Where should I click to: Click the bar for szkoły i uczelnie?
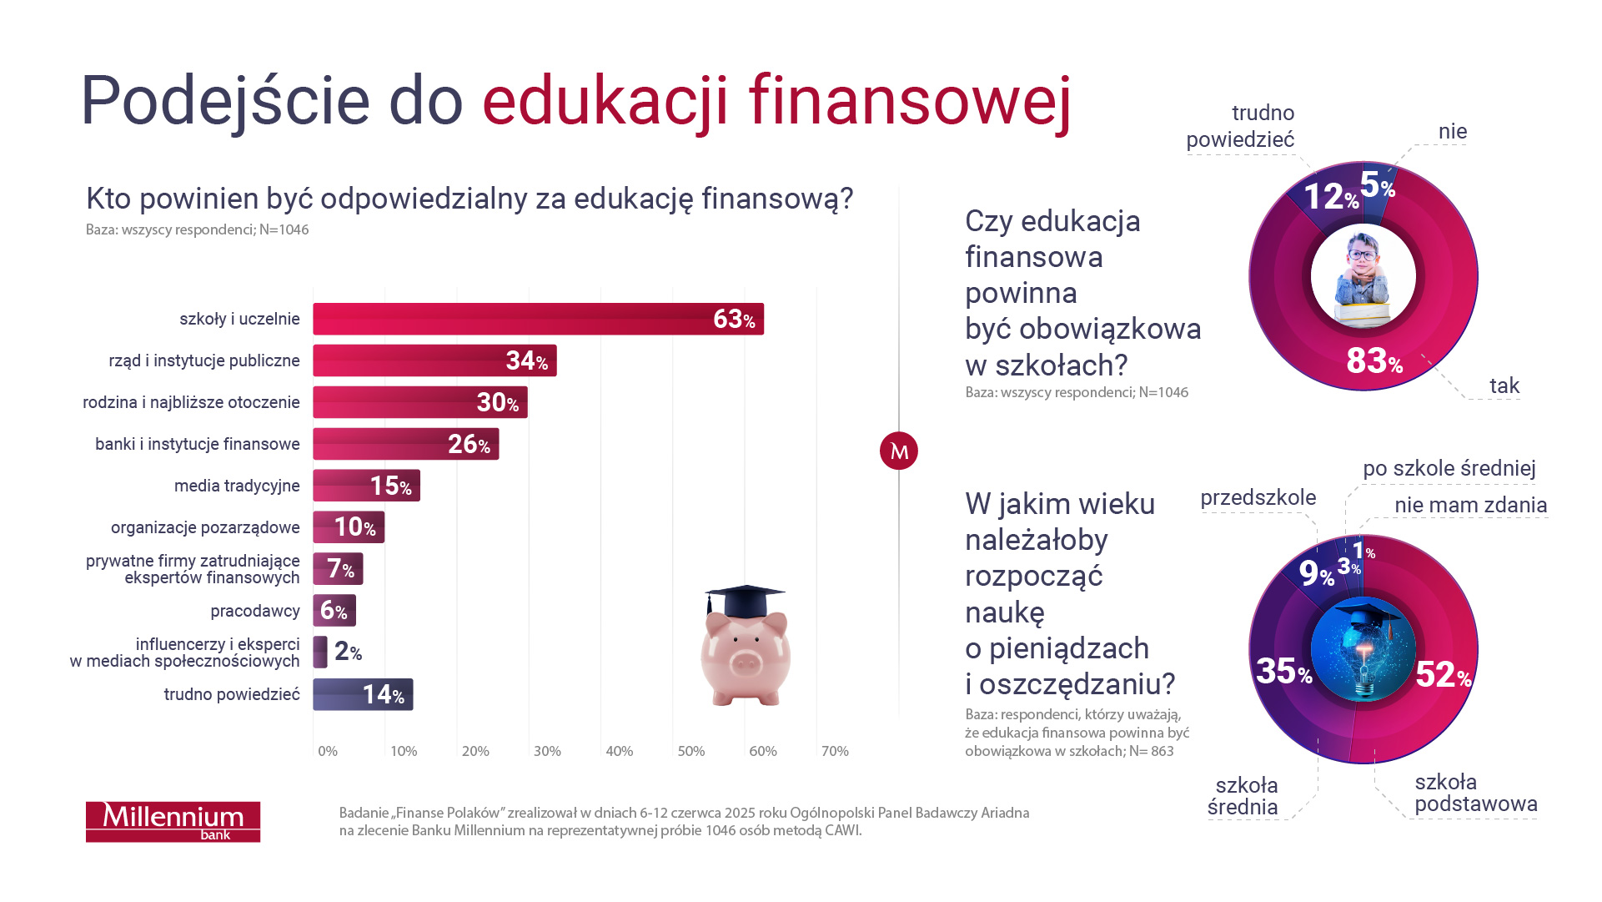click(x=538, y=319)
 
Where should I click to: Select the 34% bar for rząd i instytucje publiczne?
click(x=434, y=360)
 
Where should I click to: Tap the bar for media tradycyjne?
click(x=366, y=486)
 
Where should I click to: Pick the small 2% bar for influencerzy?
click(x=320, y=652)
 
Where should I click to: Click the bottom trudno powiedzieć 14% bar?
click(x=363, y=694)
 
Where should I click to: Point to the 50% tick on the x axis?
click(x=691, y=751)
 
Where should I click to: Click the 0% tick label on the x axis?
click(x=328, y=751)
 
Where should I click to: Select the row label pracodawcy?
click(x=255, y=611)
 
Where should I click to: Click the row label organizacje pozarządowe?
click(x=205, y=527)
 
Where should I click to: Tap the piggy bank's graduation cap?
click(x=744, y=599)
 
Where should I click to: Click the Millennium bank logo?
click(x=173, y=822)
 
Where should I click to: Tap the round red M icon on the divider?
click(x=899, y=451)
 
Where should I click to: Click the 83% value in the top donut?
click(x=1374, y=361)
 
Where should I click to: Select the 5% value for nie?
click(x=1377, y=185)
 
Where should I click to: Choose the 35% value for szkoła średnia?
click(x=1283, y=671)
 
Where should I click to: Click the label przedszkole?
click(x=1258, y=498)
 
